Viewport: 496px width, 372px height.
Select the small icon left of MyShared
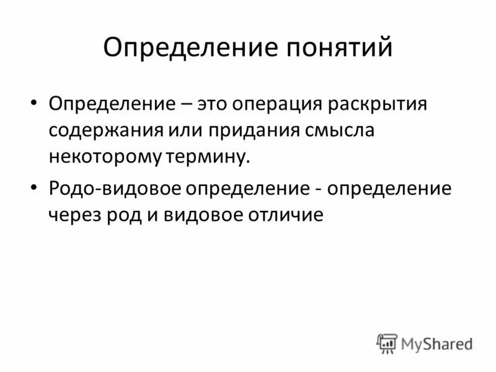coord(387,343)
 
